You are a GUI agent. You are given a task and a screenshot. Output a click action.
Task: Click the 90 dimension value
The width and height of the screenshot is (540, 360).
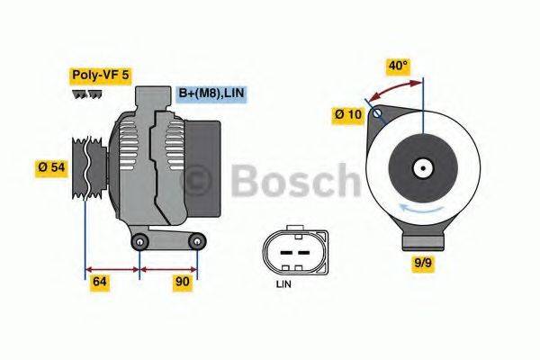[184, 282]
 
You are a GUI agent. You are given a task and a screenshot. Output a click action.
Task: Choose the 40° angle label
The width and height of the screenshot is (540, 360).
[398, 66]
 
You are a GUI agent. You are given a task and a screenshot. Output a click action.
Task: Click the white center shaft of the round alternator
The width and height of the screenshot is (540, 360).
[421, 167]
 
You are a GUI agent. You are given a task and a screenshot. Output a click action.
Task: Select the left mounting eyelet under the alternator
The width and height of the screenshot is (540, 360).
[139, 244]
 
